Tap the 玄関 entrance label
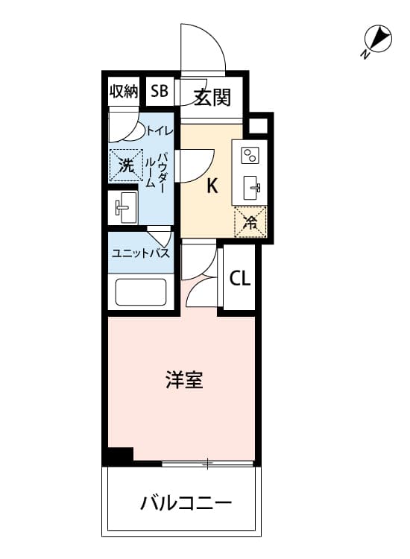212,97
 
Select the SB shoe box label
160,91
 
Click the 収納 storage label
124,91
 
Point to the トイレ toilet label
160,131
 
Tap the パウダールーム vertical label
156,171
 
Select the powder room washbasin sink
123,207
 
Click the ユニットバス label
141,253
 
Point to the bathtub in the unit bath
141,292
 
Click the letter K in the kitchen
212,186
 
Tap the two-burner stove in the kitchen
250,156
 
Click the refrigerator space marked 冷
250,222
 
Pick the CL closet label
240,279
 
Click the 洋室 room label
184,380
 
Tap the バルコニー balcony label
186,503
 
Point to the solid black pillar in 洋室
120,455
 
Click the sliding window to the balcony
207,464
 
